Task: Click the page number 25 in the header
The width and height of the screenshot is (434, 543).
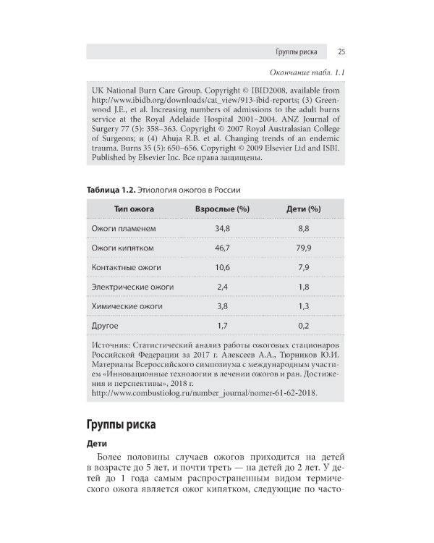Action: click(340, 51)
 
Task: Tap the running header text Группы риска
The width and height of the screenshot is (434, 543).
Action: click(298, 51)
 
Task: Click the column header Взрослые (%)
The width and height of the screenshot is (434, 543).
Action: click(223, 209)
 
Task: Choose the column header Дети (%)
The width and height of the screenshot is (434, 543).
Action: click(304, 209)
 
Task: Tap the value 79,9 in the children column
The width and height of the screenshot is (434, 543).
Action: click(304, 248)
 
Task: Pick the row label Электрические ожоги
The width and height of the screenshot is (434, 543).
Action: click(132, 287)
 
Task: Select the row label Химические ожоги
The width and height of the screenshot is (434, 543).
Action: click(127, 307)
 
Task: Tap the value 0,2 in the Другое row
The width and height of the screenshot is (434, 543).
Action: click(304, 327)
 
